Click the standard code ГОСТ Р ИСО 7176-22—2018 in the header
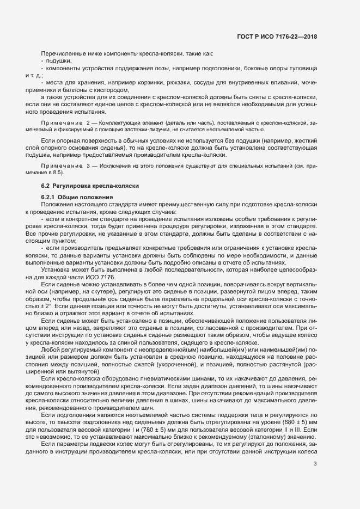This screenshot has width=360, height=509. [x=277, y=36]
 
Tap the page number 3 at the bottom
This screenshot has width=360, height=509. [x=315, y=449]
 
